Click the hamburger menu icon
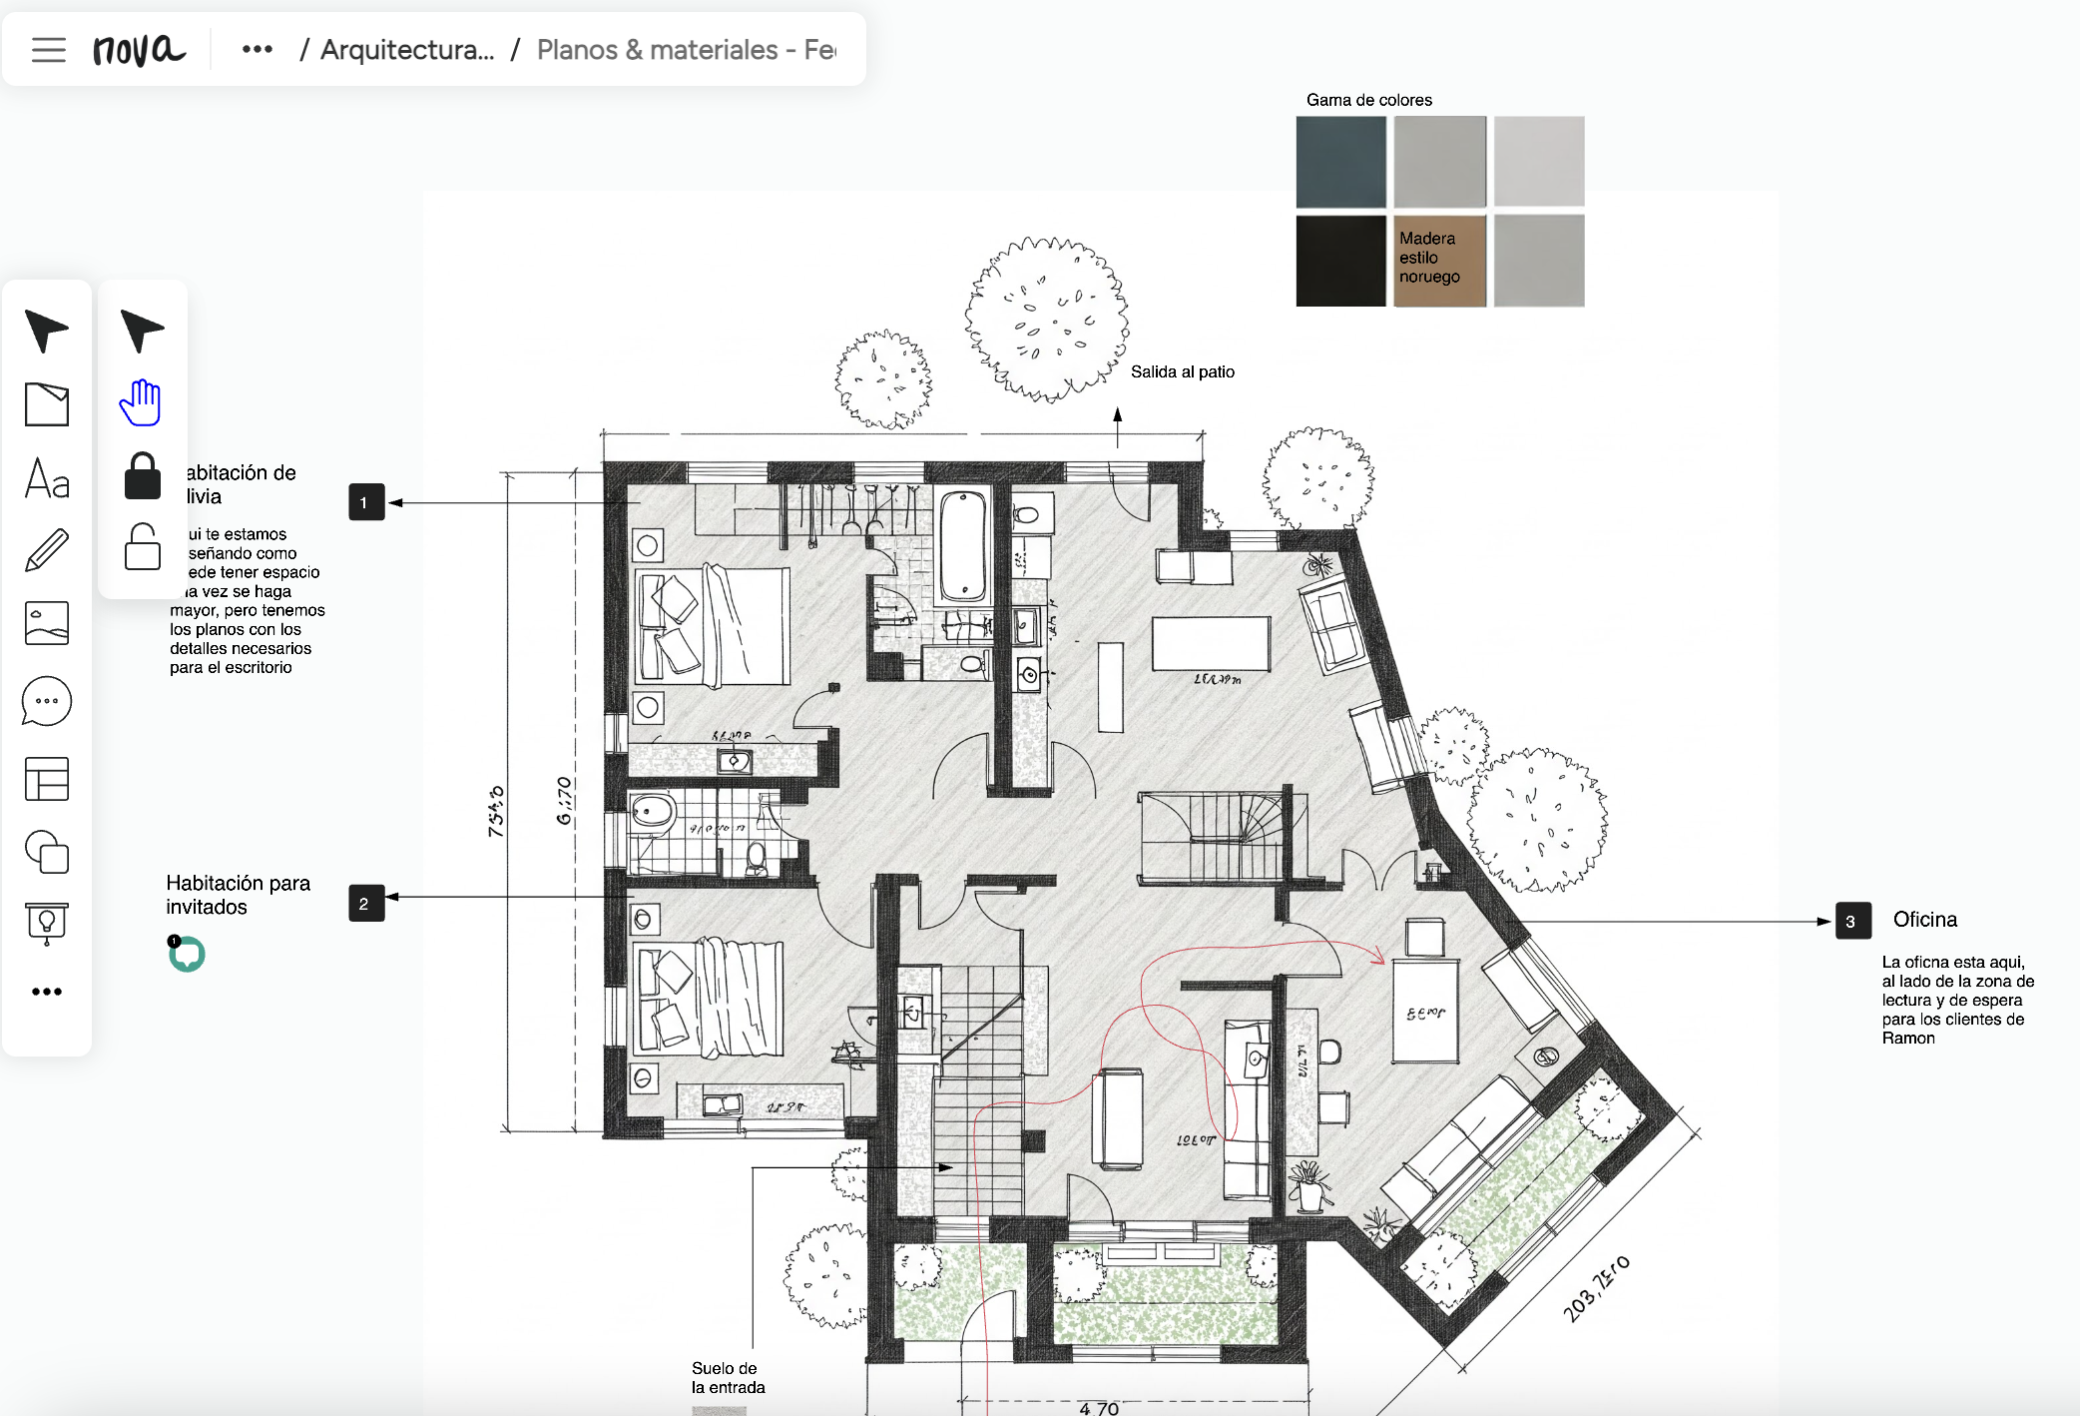pos(48,49)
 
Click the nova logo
pos(139,49)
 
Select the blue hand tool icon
pos(141,402)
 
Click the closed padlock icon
pos(142,475)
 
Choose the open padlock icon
pos(142,546)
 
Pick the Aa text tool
pos(47,478)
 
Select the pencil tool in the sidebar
pos(47,550)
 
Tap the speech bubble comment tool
pos(47,701)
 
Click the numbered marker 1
pos(365,502)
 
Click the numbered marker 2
pos(365,903)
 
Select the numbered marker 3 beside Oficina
pos(1851,921)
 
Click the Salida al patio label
pos(1182,371)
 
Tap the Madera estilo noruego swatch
pos(1439,260)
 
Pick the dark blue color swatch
pos(1340,161)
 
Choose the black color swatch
pos(1340,260)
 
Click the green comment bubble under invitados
pos(187,955)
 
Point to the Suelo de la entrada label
pos(728,1377)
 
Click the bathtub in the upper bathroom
pos(963,547)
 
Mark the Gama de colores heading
pos(1368,100)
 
